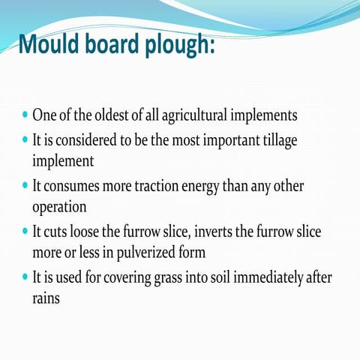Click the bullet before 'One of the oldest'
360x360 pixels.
pos(25,117)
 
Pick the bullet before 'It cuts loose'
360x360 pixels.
pos(25,232)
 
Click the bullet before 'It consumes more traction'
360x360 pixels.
pos(25,187)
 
